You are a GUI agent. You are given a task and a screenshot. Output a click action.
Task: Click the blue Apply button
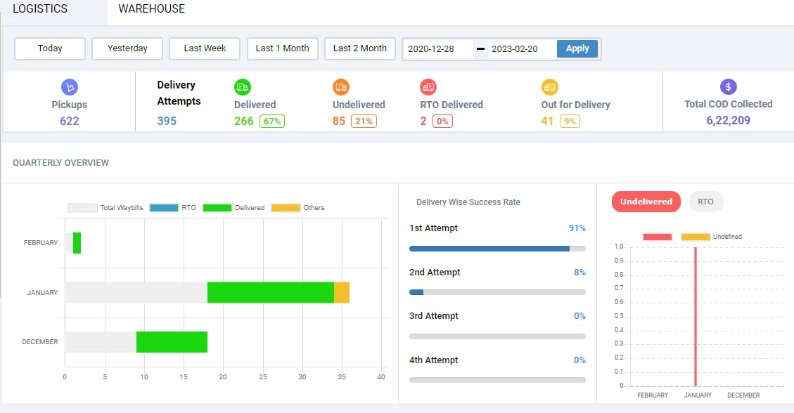(577, 48)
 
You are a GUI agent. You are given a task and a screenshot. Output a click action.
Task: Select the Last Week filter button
(205, 48)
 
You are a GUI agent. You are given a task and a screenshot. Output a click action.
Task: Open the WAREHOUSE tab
(151, 9)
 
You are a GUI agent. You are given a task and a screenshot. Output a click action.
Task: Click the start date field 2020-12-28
(437, 49)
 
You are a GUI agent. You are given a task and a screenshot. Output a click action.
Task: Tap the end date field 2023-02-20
(520, 49)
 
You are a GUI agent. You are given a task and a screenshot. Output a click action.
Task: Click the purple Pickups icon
(69, 87)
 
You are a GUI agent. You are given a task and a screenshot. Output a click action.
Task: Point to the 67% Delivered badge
(272, 121)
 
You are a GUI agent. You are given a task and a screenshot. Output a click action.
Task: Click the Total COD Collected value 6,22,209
(728, 120)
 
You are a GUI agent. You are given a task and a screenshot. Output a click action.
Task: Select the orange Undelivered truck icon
(341, 87)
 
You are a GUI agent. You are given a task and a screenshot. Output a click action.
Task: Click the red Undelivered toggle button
(646, 202)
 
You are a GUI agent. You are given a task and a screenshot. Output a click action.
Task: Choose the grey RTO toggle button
(705, 202)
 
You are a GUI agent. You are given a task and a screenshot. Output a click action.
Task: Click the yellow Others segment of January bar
(342, 292)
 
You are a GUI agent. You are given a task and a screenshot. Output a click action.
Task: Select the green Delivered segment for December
(172, 342)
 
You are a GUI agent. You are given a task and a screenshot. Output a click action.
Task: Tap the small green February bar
(77, 243)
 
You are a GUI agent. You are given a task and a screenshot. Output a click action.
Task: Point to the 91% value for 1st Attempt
(577, 228)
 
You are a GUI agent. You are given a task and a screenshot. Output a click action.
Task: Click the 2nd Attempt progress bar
(497, 292)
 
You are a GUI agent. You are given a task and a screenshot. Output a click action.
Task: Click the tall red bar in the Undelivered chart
(696, 316)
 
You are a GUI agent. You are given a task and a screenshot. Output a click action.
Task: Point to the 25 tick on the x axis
(263, 377)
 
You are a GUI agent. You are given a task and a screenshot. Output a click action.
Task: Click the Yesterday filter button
(127, 48)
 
